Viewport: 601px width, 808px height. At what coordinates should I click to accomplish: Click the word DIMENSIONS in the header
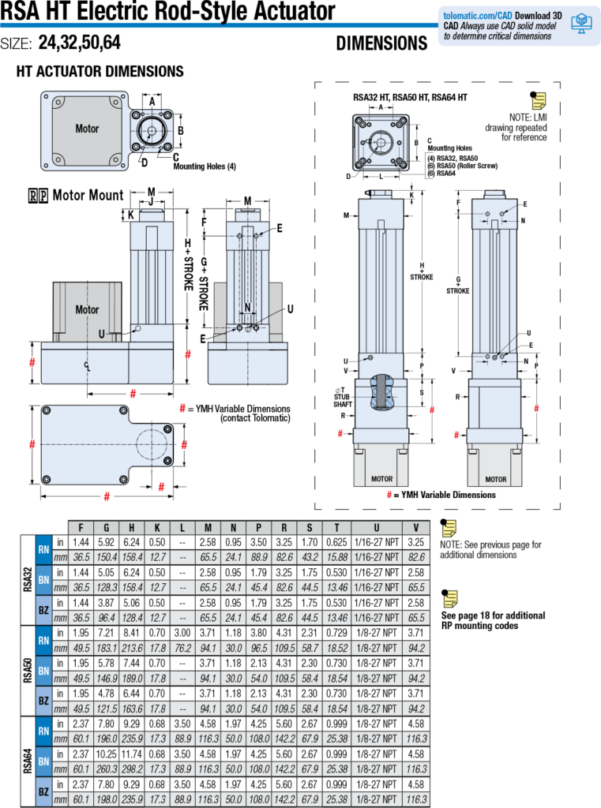(x=381, y=44)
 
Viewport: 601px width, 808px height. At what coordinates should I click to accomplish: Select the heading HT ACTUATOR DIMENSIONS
(x=100, y=72)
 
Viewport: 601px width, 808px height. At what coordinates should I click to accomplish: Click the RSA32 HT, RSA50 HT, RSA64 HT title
(x=410, y=97)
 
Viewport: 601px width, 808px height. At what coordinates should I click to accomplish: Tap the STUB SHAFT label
(x=341, y=399)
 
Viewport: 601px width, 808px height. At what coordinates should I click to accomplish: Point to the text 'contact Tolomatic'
(x=255, y=417)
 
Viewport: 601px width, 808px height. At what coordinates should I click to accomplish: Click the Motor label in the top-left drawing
(x=87, y=128)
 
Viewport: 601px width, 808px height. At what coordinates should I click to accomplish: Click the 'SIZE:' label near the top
(x=16, y=44)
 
